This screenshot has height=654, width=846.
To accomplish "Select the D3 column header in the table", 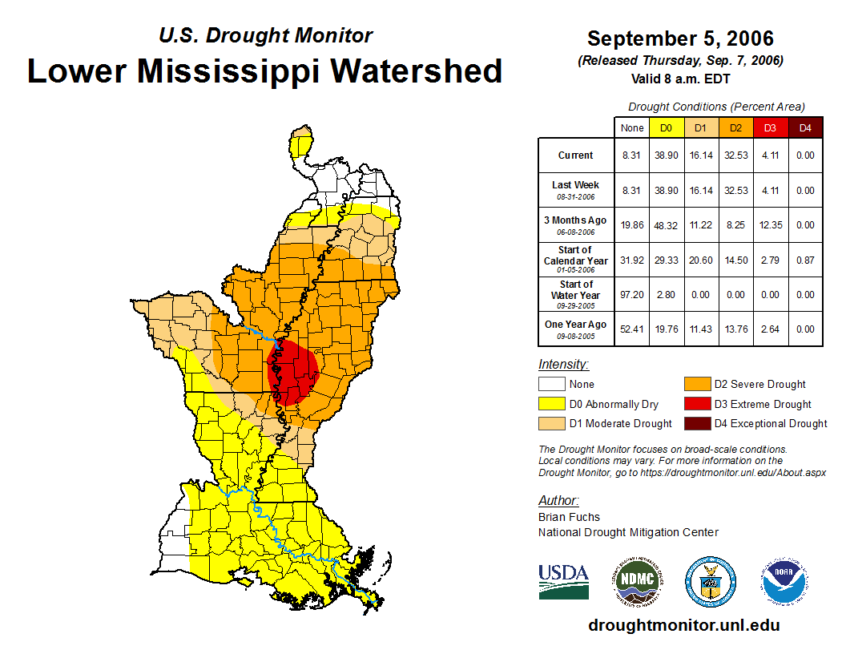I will tap(771, 127).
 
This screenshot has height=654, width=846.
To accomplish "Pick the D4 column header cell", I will tap(805, 127).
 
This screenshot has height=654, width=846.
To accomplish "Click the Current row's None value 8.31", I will tap(632, 155).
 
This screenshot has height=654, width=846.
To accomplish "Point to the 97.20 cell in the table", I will tap(632, 295).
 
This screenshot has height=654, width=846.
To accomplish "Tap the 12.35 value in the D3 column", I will tap(771, 225).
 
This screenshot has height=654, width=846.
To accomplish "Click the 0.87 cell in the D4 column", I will tap(805, 260).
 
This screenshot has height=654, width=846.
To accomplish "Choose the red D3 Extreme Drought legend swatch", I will tap(697, 404).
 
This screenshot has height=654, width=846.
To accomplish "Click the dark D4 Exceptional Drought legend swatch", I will tap(697, 423).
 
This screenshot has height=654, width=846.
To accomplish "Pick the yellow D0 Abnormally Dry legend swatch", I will tap(551, 404).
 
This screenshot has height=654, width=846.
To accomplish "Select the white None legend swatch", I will tap(551, 385).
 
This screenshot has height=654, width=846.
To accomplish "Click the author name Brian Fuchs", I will tap(569, 517).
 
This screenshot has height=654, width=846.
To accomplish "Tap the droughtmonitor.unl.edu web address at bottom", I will tap(683, 625).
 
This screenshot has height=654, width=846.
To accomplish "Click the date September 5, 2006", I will tap(680, 38).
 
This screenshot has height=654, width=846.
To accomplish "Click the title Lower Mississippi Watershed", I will tap(265, 71).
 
